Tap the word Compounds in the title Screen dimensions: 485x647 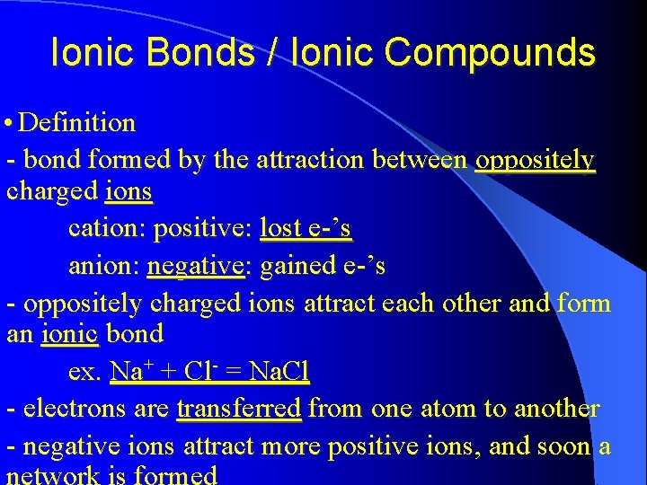pos(491,53)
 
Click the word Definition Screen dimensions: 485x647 pos(76,122)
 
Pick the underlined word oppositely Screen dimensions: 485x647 pos(535,161)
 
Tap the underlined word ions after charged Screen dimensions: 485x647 pos(129,192)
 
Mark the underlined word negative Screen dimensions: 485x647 pos(195,267)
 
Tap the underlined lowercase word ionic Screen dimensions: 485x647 pos(69,334)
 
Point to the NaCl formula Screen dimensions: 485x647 pos(279,370)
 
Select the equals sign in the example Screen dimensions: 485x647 pos(233,370)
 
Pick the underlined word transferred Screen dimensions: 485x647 pos(239,409)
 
